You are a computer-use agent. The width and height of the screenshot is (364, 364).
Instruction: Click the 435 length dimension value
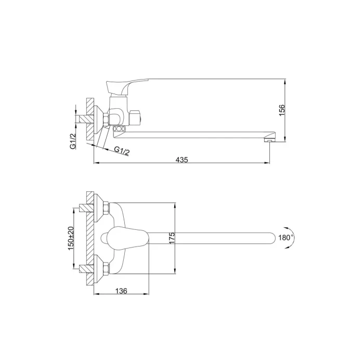coord(182,160)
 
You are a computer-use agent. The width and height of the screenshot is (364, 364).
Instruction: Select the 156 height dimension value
coord(282,110)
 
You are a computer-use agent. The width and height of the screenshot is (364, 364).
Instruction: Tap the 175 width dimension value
coord(172,238)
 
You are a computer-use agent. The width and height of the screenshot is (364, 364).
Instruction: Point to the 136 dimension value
coord(121,291)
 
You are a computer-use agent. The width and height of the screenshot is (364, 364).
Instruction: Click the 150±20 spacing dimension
coord(71,238)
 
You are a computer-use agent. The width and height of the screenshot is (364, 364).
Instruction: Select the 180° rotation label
coord(286,238)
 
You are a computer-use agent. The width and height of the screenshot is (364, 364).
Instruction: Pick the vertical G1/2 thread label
coord(73,141)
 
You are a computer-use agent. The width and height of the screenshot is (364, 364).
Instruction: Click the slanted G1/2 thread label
coord(122,151)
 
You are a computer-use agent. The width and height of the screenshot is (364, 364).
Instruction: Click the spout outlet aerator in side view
coord(269,140)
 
